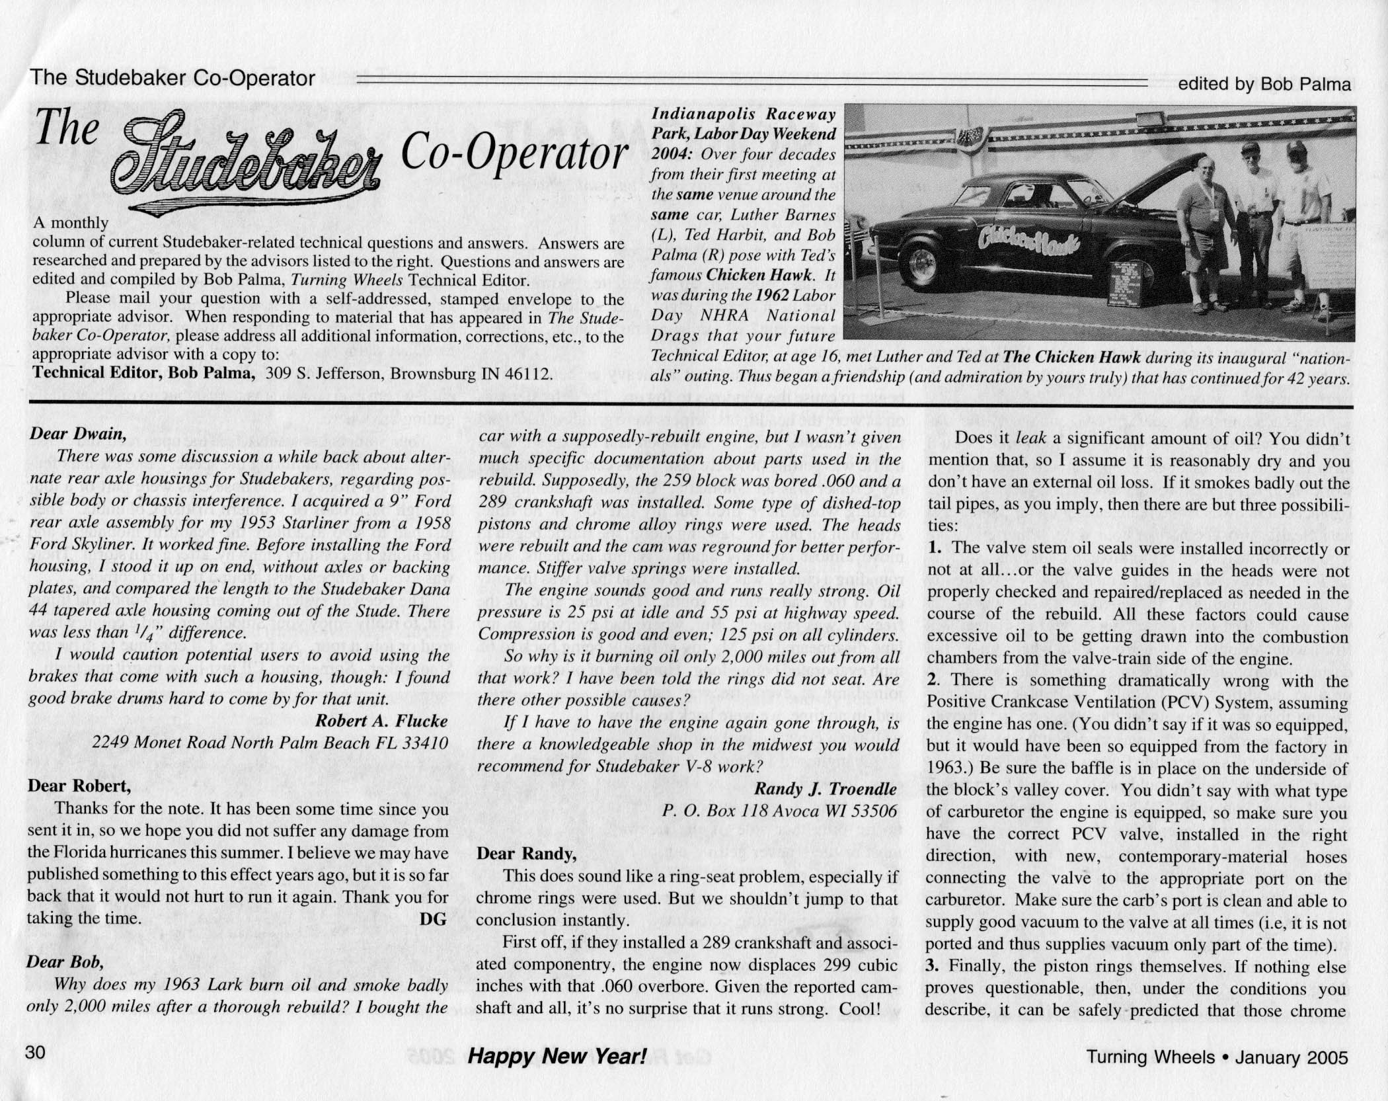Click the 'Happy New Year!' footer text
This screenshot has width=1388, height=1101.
tap(557, 1056)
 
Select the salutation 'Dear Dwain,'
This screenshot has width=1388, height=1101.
tap(77, 434)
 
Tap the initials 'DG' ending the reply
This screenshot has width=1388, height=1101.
tap(433, 918)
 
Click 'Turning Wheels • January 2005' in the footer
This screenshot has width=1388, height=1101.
tap(1217, 1057)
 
